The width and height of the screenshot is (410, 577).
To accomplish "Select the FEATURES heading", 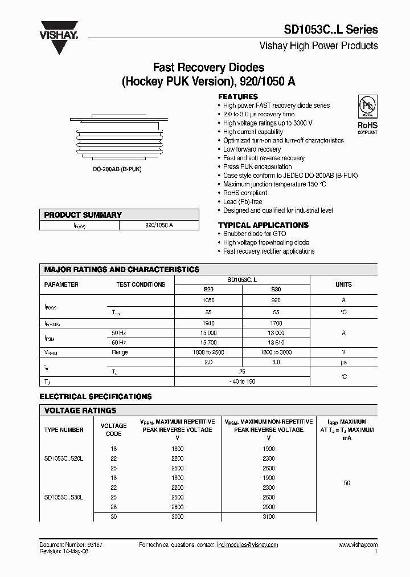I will click(x=238, y=96).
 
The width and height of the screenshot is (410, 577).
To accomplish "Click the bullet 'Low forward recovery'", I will click(x=252, y=149).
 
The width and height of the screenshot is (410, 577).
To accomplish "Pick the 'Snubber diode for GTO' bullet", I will click(x=255, y=234).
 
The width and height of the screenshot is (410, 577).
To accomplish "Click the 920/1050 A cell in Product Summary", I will click(x=159, y=225).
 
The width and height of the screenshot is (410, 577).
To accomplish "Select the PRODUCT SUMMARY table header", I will click(x=83, y=215).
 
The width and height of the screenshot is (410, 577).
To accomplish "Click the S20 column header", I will click(x=208, y=290).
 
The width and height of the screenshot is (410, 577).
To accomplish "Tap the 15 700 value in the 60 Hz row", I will click(x=208, y=342).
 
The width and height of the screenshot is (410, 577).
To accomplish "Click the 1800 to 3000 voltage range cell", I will click(x=276, y=352).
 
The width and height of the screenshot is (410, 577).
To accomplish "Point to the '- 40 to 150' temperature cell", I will click(x=241, y=381).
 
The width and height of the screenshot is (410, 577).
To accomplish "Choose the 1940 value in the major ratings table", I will click(x=208, y=323).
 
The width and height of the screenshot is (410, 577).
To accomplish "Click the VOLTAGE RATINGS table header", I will click(x=80, y=411).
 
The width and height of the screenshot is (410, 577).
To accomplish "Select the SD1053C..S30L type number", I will click(x=64, y=497).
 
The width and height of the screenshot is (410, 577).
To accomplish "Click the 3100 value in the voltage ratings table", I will click(x=269, y=517).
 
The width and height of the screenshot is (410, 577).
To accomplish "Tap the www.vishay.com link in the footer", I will click(x=358, y=545).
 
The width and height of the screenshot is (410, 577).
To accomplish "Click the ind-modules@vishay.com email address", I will click(x=247, y=545).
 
